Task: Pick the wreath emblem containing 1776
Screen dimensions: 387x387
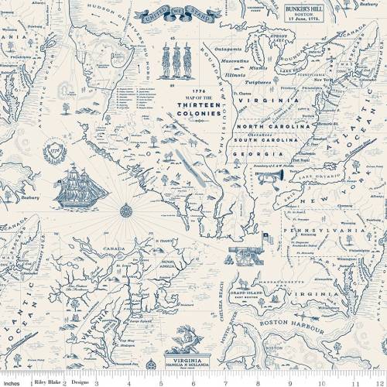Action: tap(53, 146)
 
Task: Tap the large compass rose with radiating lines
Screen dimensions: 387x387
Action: tap(125, 207)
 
